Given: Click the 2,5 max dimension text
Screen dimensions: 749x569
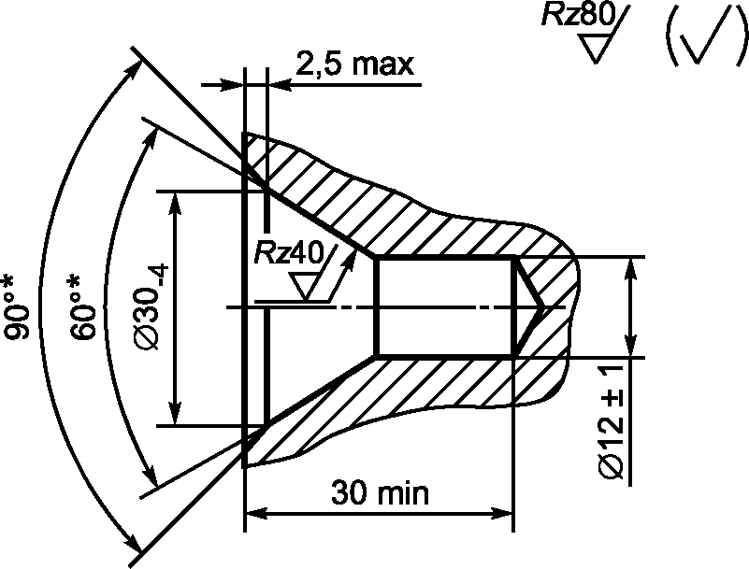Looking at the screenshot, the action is coord(355,64).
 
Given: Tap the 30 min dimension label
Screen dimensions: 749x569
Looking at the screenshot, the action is coord(381,493).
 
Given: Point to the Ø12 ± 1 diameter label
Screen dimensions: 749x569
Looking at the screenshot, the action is coord(611,421).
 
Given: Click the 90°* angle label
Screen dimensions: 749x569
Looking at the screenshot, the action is coord(16,307).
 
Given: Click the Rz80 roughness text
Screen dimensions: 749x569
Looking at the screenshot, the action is coord(578,15).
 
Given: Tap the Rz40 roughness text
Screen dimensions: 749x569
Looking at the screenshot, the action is coord(289,252).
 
